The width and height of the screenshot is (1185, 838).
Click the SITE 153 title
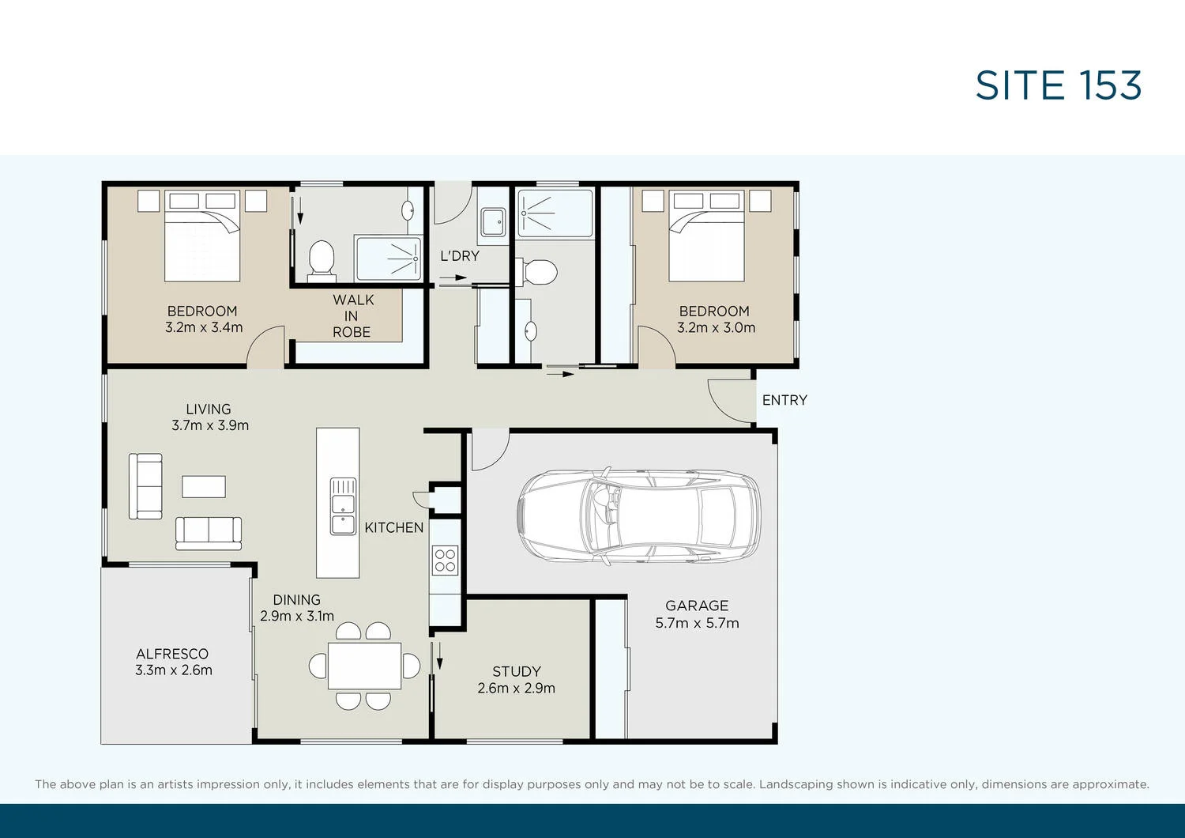click(1058, 85)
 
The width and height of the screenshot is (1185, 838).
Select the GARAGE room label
click(696, 606)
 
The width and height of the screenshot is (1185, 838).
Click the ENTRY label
click(784, 400)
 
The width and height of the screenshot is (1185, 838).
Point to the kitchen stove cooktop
click(445, 561)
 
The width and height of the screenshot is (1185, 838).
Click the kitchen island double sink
click(343, 506)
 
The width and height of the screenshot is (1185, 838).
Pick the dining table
click(364, 666)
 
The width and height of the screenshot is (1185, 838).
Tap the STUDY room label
click(516, 671)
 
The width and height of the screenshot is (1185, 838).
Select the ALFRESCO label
click(172, 654)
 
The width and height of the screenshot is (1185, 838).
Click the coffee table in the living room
click(204, 486)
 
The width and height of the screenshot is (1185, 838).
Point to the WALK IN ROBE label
click(352, 315)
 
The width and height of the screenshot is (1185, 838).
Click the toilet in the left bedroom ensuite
click(321, 259)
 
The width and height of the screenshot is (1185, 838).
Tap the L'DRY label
click(460, 255)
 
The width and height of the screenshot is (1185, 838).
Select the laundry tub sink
click(494, 221)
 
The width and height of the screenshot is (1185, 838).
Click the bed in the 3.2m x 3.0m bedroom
click(706, 237)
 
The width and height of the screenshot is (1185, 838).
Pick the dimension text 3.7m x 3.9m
click(210, 425)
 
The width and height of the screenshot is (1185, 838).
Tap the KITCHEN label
click(393, 527)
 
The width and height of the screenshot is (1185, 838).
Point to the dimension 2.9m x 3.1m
click(297, 616)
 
